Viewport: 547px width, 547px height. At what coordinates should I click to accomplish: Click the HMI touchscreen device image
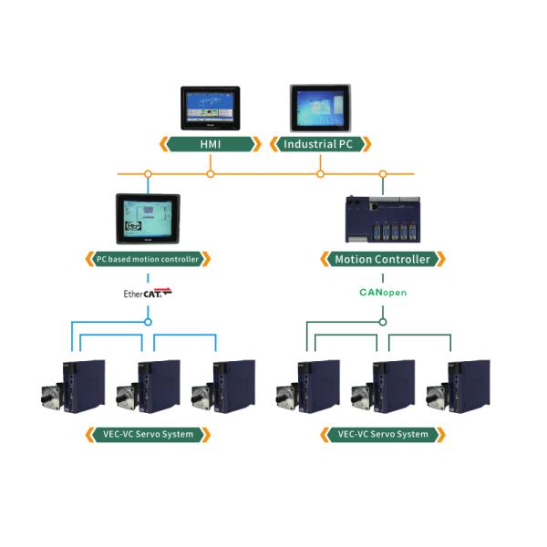[x=210, y=108]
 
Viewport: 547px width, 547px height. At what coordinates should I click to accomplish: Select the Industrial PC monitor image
[x=320, y=108]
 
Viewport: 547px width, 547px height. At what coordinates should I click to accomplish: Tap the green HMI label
[x=210, y=144]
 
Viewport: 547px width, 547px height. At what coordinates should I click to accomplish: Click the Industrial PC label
[x=320, y=144]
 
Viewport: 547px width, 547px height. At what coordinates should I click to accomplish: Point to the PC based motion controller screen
[x=148, y=219]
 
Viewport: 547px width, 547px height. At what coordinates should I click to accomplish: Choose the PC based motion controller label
[x=148, y=259]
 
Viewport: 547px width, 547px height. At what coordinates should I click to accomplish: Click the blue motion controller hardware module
[x=383, y=219]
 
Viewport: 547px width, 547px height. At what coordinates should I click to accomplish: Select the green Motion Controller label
[x=383, y=259]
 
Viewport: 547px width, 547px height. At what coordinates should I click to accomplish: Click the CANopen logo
[x=383, y=294]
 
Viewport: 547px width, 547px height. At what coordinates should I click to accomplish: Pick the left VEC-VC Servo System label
[x=148, y=434]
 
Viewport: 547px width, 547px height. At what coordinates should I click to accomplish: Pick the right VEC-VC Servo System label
[x=383, y=434]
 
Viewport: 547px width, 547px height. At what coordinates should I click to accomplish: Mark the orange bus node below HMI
[x=211, y=173]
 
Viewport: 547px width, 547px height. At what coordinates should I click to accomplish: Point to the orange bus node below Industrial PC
[x=320, y=173]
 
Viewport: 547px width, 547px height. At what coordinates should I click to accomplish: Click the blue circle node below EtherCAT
[x=148, y=321]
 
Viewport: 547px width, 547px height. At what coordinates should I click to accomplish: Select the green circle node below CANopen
[x=383, y=321]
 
